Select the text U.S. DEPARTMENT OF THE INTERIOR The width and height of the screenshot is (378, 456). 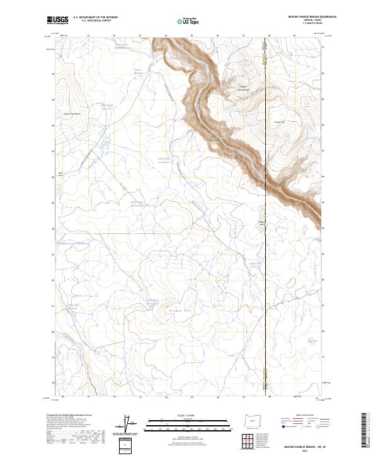(x=95, y=18)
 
